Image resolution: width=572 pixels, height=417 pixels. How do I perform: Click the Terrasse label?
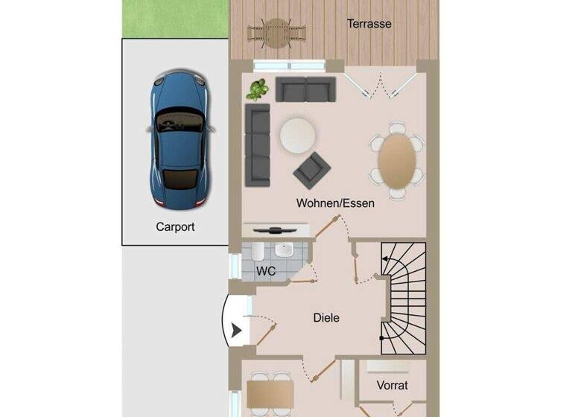[369, 24]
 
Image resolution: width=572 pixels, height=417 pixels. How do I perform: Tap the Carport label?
[175, 226]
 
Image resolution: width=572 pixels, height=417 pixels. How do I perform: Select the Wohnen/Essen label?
[335, 203]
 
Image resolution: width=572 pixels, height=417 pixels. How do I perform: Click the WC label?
[266, 271]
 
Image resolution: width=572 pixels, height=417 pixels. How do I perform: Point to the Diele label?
[326, 318]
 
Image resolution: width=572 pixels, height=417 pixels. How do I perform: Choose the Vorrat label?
[392, 386]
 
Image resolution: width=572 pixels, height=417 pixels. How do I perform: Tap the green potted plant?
[258, 89]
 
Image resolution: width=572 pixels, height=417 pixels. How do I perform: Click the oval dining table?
[397, 159]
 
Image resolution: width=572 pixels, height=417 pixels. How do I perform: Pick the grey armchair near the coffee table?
[312, 171]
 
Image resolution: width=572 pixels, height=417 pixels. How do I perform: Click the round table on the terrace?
[277, 32]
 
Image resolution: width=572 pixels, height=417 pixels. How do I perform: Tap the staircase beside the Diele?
[403, 298]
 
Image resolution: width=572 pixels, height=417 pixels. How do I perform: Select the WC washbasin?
[283, 251]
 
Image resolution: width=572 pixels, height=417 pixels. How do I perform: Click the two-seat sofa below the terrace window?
[305, 89]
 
